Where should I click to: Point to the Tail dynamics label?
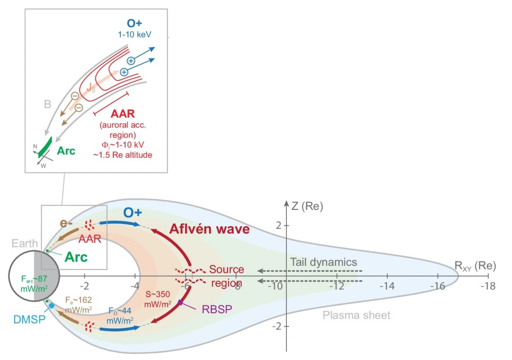click(x=323, y=262)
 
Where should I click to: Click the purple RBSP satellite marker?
click(x=181, y=301)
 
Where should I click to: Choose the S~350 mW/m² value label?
click(x=158, y=299)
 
